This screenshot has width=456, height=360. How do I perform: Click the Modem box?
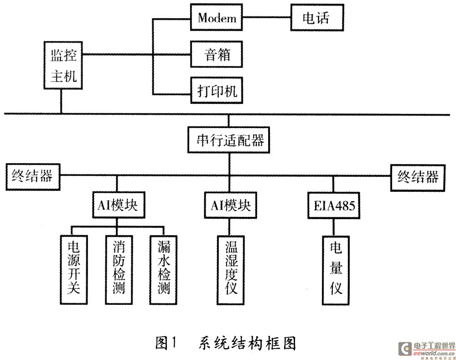pos(217,18)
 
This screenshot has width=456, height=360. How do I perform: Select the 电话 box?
pos(316,18)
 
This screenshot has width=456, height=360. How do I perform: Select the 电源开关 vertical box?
pos(74,269)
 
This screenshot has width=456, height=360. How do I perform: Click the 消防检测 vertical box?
pos(119,269)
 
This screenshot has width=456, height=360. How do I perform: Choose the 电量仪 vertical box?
pos(336,269)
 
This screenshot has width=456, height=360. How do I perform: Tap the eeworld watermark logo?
pos(426,349)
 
